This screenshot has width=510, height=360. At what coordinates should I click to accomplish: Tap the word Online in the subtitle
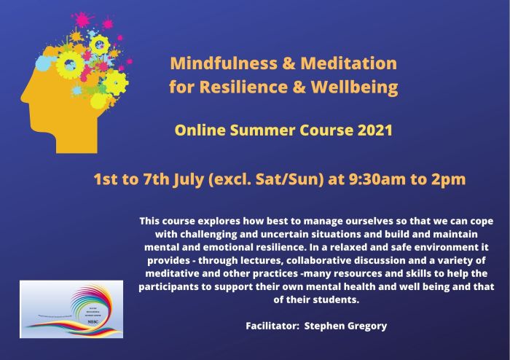197,132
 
